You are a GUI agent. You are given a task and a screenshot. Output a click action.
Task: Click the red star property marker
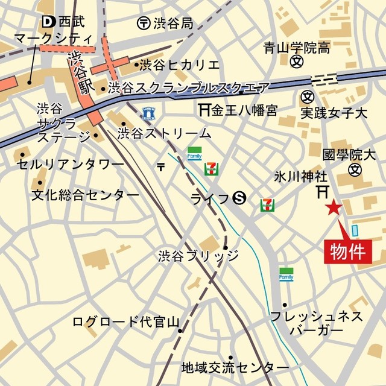pos(333,209)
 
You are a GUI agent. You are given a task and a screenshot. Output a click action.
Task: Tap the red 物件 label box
pos(349,251)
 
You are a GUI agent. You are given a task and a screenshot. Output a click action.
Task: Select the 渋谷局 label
pos(172,24)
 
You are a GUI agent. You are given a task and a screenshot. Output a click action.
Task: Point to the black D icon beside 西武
pos(48,22)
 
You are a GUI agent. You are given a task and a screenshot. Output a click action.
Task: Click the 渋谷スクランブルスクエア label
pos(188,89)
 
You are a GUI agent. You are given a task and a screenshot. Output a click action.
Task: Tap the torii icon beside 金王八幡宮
pos(203,110)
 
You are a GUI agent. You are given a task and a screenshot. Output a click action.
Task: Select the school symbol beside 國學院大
pos(354,170)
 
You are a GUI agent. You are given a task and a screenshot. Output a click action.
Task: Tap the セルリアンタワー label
pos(70,163)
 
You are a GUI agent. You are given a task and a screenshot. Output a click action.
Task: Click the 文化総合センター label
pos(85,195)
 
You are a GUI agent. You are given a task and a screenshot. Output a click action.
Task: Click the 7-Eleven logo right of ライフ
pos(267,205)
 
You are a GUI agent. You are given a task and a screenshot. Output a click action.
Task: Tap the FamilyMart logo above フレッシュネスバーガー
pos(286,274)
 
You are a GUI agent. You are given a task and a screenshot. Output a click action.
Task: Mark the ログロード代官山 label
pos(122,321)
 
